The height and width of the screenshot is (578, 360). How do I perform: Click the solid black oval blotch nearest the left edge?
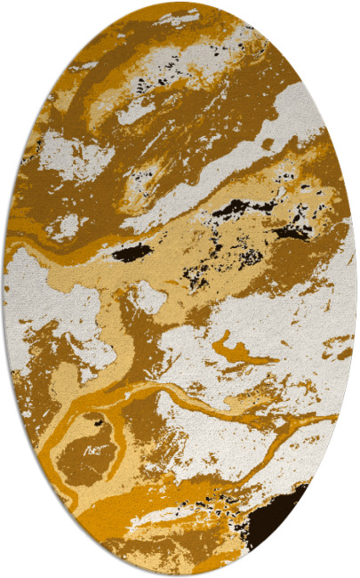point(132,254)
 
